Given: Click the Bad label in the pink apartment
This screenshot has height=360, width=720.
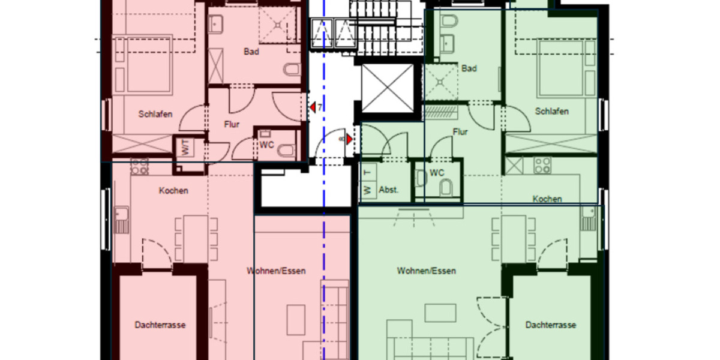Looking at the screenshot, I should [251, 52].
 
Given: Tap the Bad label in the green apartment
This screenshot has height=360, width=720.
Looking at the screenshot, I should [469, 68].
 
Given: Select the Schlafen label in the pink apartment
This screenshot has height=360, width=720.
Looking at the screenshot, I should [156, 114].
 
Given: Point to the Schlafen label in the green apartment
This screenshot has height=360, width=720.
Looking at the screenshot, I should [552, 112].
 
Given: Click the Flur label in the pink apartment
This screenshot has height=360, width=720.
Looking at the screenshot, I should [232, 125].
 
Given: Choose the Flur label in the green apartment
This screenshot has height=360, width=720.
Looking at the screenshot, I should [460, 132].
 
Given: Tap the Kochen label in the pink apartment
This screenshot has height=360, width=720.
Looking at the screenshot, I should [173, 191].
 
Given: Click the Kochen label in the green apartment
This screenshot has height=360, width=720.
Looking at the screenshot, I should [547, 199].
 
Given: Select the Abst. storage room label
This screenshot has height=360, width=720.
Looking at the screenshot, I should [389, 190].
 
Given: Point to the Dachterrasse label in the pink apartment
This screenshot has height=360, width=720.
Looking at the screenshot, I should [160, 325].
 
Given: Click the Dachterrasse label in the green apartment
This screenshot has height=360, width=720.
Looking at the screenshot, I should [551, 325].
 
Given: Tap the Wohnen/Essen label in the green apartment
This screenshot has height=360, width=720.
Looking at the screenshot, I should [426, 271].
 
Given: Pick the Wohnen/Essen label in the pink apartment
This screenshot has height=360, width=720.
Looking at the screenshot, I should [276, 271].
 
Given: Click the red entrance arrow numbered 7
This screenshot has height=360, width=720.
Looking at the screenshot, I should [313, 107].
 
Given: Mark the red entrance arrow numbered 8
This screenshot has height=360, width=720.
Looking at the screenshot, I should [349, 139].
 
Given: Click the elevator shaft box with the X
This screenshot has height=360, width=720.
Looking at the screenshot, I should [388, 88].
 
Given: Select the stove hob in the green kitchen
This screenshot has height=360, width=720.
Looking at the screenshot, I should [542, 165].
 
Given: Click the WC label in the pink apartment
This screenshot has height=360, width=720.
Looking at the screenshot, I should [266, 145].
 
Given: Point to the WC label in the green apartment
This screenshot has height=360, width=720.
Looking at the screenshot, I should [437, 173].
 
